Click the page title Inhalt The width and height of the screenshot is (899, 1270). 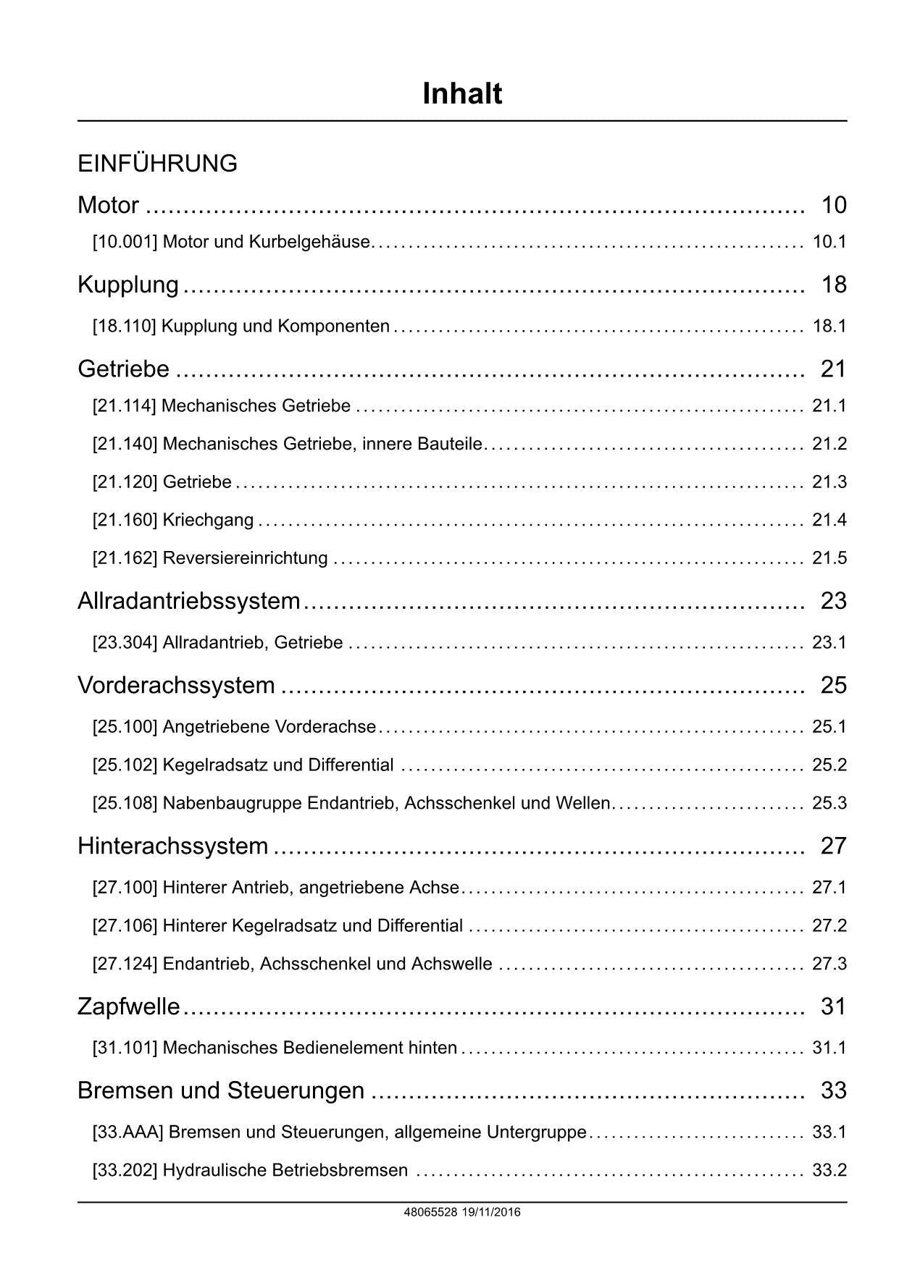coord(461,94)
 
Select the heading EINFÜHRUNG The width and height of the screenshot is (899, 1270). coord(157,164)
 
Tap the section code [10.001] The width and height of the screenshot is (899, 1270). coord(125,242)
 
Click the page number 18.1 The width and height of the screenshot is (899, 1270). coord(829,327)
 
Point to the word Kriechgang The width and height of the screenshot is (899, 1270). coord(208,520)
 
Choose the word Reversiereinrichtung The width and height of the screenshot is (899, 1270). coord(245,558)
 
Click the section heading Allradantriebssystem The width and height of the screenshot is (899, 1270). coord(188,601)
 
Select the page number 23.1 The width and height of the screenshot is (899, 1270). coord(829,643)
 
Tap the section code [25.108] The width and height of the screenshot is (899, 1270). coord(125,804)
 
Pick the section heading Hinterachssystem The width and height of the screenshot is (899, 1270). coord(172,846)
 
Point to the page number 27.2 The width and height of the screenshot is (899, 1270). coord(829,926)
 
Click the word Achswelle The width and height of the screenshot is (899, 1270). coord(451,964)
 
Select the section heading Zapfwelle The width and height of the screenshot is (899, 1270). coord(128,1006)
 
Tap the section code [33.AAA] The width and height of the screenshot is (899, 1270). coord(127,1132)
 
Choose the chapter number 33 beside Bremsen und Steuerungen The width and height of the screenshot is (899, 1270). coord(833,1090)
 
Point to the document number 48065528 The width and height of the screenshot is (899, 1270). coord(430,1212)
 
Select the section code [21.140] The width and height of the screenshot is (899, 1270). coord(125,444)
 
